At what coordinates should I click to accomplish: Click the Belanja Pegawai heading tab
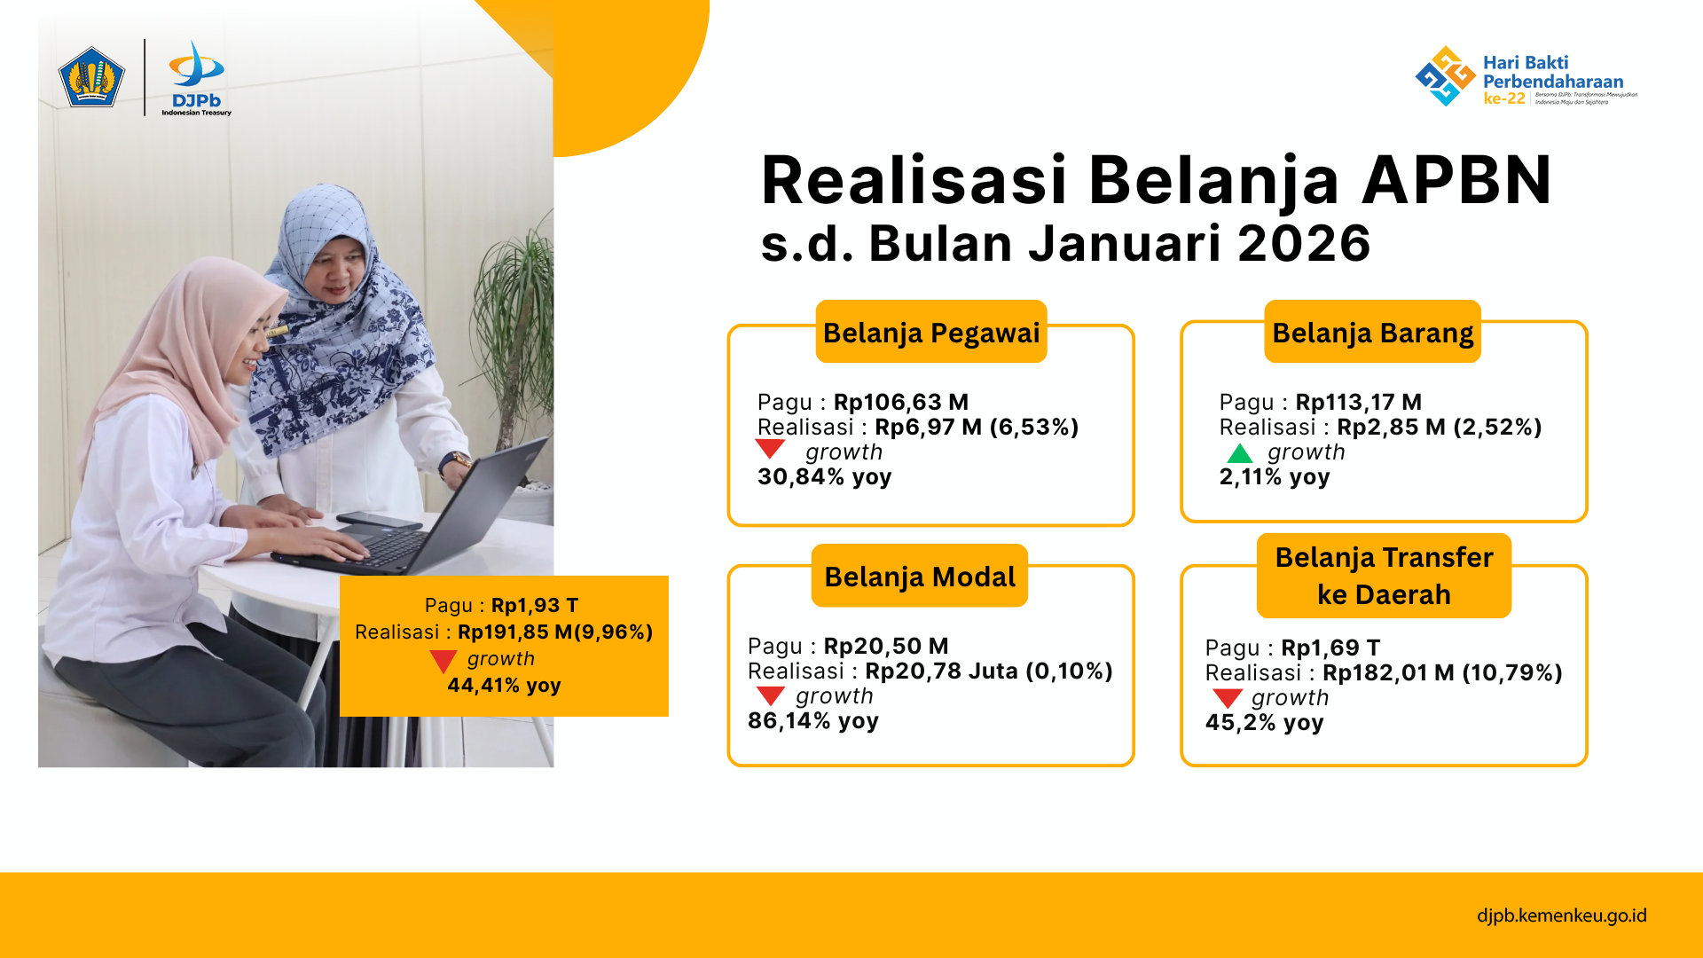931,332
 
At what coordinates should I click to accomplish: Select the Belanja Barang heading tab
1372,332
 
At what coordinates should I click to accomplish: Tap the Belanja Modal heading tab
920,576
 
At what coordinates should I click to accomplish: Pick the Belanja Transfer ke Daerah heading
1384,576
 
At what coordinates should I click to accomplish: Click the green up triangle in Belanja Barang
1240,454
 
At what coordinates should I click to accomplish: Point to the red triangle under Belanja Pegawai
770,448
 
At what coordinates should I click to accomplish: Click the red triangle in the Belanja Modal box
770,695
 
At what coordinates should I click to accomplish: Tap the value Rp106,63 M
901,402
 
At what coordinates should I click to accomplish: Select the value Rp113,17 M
1359,402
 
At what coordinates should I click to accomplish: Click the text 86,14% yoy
813,720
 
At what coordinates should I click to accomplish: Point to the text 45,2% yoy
1264,722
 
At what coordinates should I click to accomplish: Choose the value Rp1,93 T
535,605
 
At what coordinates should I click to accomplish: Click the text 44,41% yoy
504,685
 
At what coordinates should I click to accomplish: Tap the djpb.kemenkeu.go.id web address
1562,915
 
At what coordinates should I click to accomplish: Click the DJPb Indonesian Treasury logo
197,78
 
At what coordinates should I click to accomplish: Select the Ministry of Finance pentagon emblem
91,77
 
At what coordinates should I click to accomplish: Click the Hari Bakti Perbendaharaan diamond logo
1445,76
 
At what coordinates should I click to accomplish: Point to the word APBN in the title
1456,180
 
